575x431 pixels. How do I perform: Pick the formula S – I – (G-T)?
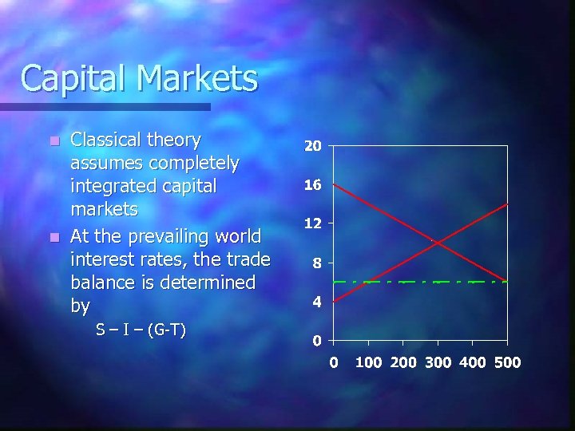tap(141, 329)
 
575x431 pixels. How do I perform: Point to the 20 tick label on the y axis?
tap(312, 147)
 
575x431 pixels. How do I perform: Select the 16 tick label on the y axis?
tap(312, 185)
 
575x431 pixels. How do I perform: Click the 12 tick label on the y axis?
tap(312, 223)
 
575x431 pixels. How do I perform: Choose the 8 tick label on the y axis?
tap(316, 263)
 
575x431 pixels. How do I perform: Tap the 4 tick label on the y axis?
tap(316, 302)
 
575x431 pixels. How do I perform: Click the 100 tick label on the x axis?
tap(368, 362)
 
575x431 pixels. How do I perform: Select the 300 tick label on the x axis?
tap(438, 362)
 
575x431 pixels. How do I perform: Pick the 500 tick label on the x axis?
tap(507, 362)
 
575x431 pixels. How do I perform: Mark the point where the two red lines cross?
tap(437, 243)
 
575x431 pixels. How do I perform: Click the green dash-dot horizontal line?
tap(399, 282)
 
